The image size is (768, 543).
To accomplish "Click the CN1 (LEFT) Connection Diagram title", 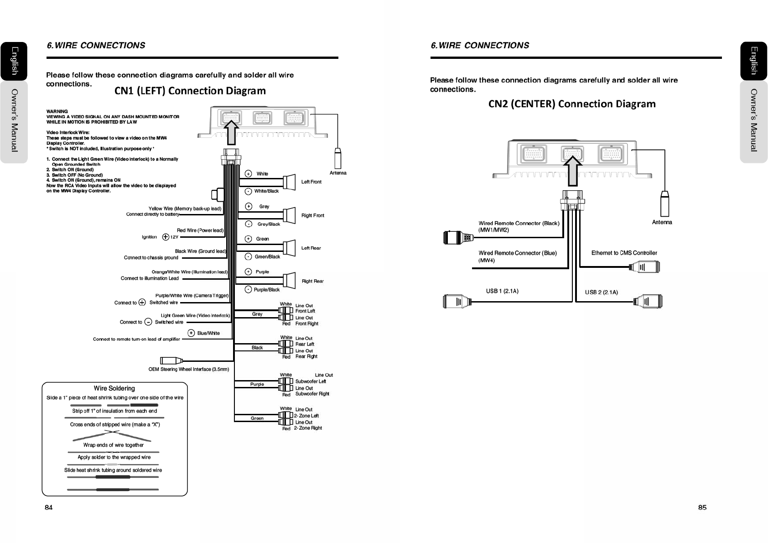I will tap(190, 91).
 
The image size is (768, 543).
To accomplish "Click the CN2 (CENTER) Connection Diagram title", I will tap(572, 104).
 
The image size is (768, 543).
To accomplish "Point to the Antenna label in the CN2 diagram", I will tap(662, 222).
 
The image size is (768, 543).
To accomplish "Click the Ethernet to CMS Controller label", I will tap(624, 253).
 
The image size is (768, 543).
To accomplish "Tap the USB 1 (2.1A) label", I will tap(502, 291).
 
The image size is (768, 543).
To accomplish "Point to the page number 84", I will tap(48, 507).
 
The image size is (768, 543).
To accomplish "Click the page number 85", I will tap(702, 507).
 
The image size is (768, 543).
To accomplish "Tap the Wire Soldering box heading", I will tap(114, 388).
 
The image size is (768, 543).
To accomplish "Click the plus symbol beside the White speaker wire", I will tap(248, 173).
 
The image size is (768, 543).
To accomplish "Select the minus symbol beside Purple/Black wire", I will tap(248, 289).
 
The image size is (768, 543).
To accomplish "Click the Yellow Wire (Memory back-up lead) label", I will tap(185, 209).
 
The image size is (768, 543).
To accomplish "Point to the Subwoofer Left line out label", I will tap(311, 381).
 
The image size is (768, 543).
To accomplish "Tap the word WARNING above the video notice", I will tap(57, 111).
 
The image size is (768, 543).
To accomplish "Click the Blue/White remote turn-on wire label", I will tap(208, 333).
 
